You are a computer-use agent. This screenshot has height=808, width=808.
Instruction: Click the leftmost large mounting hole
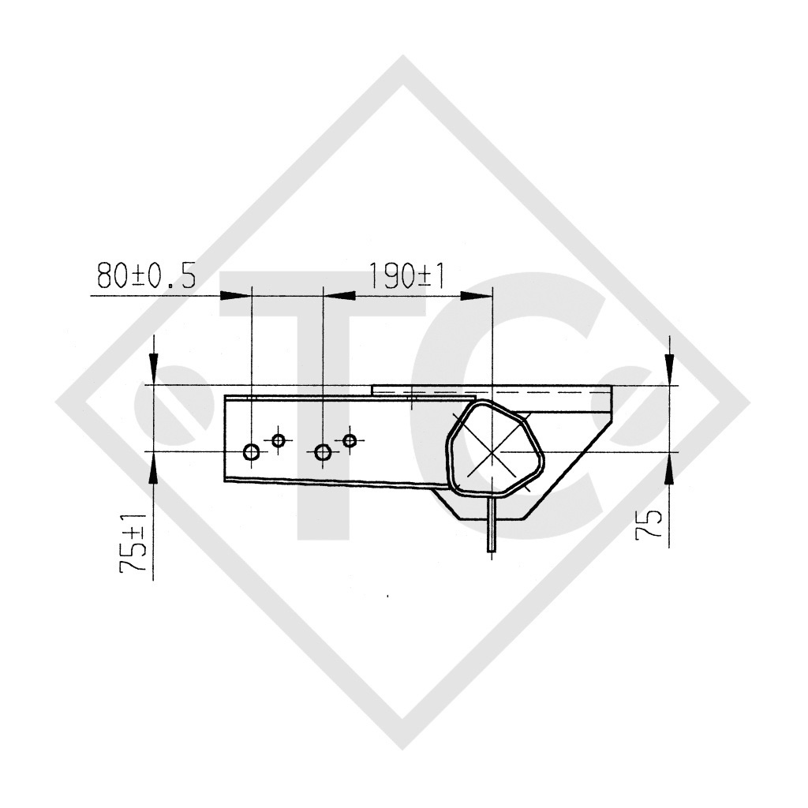(x=252, y=452)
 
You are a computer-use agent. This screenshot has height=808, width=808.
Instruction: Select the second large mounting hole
(x=323, y=452)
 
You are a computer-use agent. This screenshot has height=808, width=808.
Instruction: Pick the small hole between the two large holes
(x=278, y=440)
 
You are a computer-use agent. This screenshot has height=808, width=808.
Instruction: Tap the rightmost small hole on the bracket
(x=350, y=440)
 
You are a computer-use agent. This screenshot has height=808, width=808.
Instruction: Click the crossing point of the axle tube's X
(x=492, y=451)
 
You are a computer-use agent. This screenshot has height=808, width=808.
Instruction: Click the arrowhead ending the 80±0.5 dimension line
(x=234, y=295)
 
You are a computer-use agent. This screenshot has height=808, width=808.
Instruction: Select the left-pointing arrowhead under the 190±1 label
(x=339, y=295)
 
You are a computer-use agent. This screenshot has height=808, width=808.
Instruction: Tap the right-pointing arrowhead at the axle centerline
(x=475, y=295)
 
